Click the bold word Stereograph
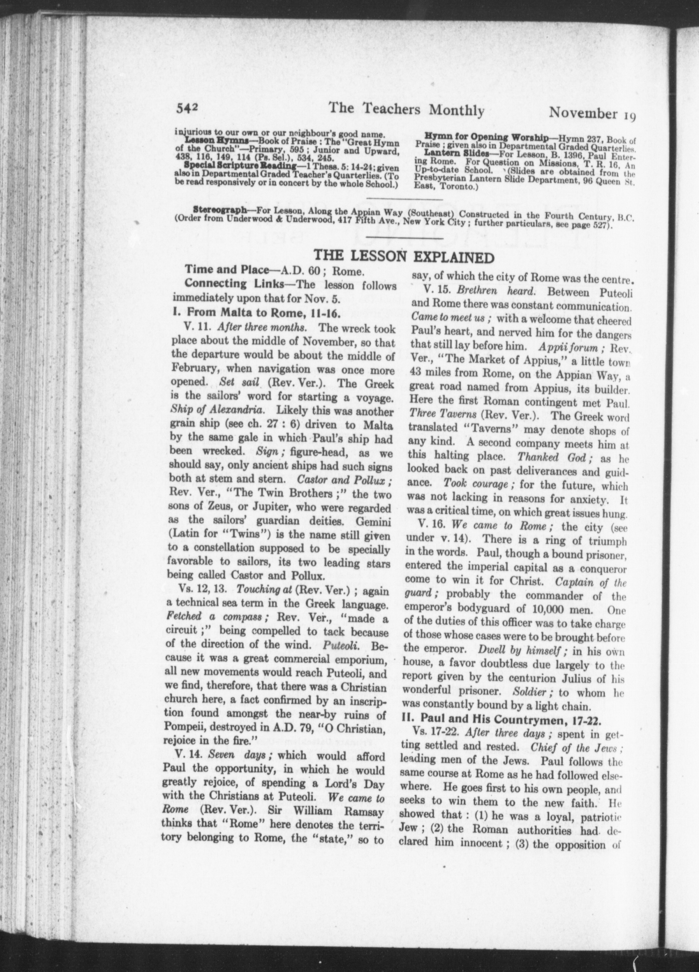pos(220,210)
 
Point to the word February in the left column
pos(195,369)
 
